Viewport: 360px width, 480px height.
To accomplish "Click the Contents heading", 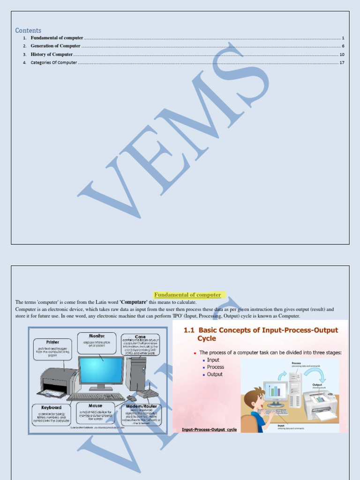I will (x=28, y=30).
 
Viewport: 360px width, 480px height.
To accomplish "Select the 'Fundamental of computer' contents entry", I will (x=57, y=38).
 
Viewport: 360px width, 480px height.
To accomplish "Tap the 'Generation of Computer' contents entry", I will (x=55, y=46).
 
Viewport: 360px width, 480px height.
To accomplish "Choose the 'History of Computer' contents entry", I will (x=52, y=54).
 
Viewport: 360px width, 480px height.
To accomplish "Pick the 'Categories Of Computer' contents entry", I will (x=53, y=62).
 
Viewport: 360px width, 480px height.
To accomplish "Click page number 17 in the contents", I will (x=342, y=62).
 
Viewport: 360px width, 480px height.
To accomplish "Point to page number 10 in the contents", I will (x=342, y=54).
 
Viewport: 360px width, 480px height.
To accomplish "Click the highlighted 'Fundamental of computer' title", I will (x=187, y=295).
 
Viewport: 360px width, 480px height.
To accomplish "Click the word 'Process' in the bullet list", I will (x=216, y=367).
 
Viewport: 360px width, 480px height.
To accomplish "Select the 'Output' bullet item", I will (x=215, y=375).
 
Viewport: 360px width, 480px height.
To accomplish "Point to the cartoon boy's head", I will (x=254, y=398).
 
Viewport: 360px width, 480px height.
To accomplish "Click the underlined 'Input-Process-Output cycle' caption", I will (x=209, y=429).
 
